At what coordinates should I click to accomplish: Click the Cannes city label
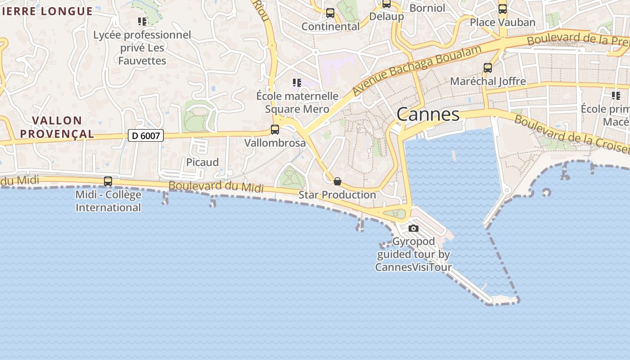click(428, 114)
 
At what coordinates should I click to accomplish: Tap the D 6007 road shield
click(145, 135)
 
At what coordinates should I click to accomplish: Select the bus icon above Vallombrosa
click(274, 130)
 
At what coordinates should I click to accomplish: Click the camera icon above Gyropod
click(413, 229)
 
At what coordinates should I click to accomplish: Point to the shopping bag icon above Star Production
click(337, 181)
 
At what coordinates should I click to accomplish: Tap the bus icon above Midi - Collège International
click(108, 181)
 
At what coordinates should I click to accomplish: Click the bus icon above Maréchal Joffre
click(488, 68)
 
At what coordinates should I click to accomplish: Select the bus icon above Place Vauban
click(503, 9)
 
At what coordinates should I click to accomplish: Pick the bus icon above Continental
click(330, 13)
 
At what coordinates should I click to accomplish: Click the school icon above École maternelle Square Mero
click(297, 82)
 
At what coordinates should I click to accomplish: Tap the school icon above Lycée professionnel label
click(142, 21)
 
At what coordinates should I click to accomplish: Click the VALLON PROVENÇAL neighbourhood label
click(57, 127)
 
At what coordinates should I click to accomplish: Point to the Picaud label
click(202, 162)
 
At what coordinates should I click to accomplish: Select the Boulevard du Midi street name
click(216, 186)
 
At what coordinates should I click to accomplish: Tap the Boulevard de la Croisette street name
click(571, 134)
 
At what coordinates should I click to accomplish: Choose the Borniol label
click(427, 8)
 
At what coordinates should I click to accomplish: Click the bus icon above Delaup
click(386, 4)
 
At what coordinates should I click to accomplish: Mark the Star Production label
click(337, 195)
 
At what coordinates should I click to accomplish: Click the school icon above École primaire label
click(616, 95)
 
